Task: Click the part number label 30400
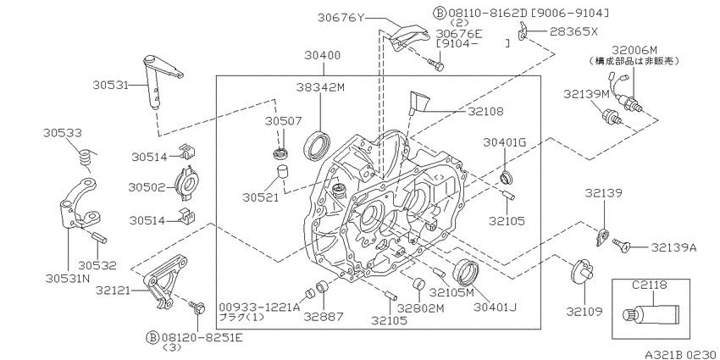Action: (x=324, y=56)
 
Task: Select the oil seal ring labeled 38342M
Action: (x=317, y=146)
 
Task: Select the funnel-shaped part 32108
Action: (x=419, y=102)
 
